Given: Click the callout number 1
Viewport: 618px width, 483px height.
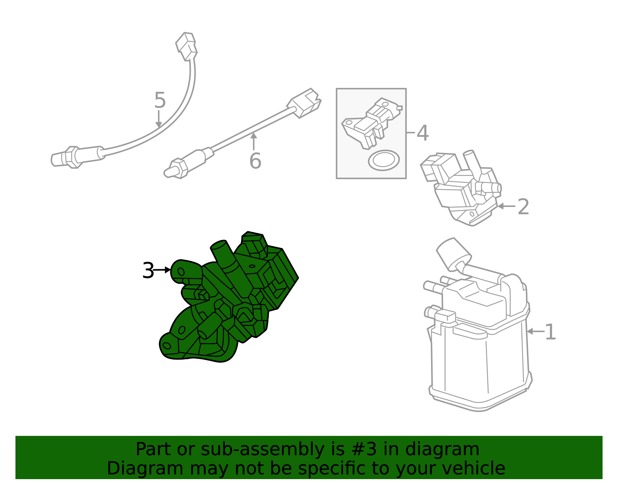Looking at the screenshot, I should point(550,332).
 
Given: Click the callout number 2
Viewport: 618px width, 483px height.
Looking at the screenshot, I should point(523,207).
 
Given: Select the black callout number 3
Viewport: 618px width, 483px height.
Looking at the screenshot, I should point(148,270).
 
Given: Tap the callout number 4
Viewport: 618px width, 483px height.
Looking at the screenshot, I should point(423,133).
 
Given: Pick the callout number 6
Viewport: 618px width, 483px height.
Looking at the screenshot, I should point(255,161).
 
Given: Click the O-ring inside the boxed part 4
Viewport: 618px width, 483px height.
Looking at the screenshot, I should point(384,160).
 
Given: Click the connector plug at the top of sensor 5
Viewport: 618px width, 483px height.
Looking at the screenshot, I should point(187,46).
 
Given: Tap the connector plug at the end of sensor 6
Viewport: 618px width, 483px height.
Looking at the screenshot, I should point(305,102).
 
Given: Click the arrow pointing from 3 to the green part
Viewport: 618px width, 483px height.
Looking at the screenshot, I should point(163,270).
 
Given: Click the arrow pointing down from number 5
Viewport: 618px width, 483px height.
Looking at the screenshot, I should point(159,119).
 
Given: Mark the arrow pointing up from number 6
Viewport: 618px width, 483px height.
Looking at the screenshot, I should point(254,141).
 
